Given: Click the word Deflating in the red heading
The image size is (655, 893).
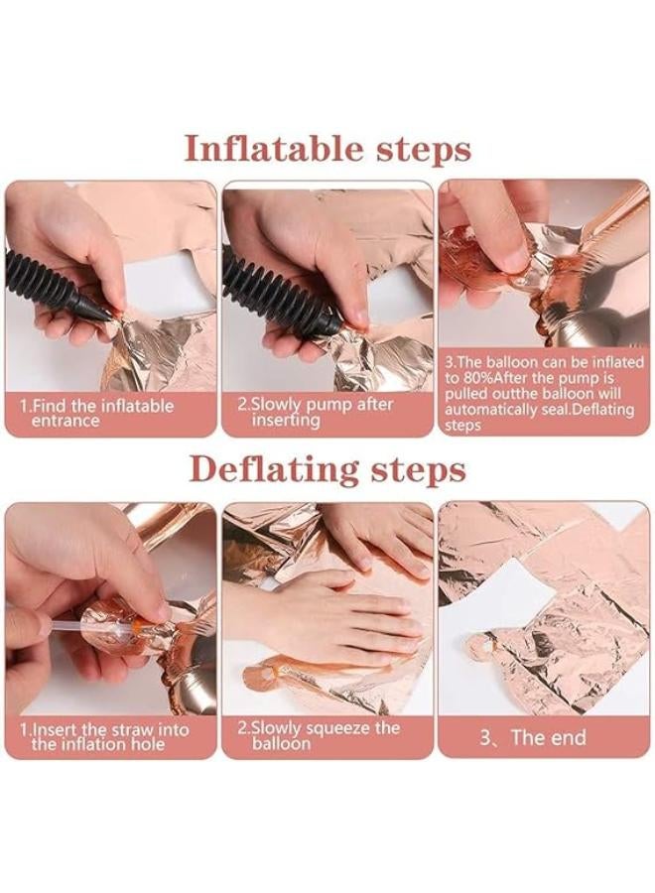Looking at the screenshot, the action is click(275, 471).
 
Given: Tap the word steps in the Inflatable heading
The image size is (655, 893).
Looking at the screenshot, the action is click(425, 152).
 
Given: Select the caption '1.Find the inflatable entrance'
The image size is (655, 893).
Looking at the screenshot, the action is click(97, 414).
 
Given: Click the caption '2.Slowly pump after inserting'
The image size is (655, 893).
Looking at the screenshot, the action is click(315, 412).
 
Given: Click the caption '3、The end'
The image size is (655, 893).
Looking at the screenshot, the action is click(533, 737).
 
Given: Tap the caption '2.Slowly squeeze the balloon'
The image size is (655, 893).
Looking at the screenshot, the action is click(319, 735).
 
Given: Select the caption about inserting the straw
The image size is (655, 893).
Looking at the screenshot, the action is click(104, 737).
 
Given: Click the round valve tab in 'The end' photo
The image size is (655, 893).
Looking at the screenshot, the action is click(477, 649).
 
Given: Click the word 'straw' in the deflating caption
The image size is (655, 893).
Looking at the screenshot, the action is click(134, 729).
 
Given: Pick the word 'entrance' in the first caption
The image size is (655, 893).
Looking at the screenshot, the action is click(65, 422).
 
